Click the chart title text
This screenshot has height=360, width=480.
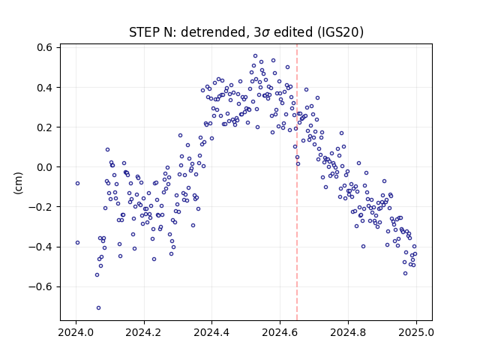[246, 32]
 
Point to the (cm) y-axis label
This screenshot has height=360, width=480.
[18, 183]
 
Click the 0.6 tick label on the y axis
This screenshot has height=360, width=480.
[45, 47]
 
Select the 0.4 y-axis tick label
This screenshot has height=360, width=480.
[45, 88]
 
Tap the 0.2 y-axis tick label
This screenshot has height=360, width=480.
[45, 127]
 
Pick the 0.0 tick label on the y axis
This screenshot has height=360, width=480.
[45, 167]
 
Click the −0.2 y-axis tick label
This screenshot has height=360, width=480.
[41, 207]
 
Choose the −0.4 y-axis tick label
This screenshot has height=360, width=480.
[41, 247]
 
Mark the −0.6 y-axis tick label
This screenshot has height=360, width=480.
[41, 286]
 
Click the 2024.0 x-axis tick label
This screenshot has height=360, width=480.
[76, 332]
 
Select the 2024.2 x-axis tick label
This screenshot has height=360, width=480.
[144, 332]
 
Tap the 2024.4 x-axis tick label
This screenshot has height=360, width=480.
[211, 332]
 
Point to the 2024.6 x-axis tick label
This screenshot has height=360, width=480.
[280, 332]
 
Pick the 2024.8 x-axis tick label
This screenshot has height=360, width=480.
[348, 332]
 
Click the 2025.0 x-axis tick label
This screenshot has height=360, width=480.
[416, 332]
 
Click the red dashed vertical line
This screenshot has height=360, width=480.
[297, 182]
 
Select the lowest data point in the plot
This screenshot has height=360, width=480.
[98, 308]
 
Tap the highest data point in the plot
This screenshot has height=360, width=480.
[255, 56]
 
